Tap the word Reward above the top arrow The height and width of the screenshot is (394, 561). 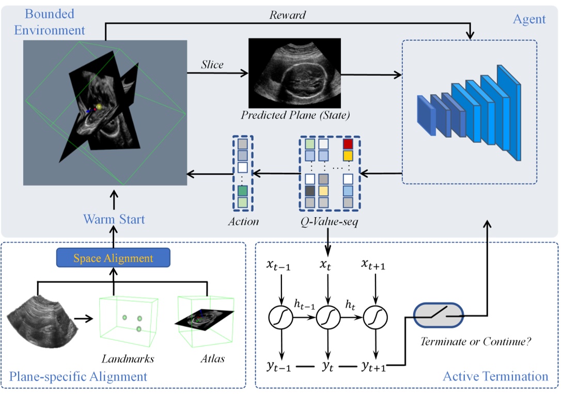click(x=288, y=15)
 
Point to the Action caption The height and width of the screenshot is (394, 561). click(x=243, y=222)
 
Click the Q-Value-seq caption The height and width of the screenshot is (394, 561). click(x=329, y=223)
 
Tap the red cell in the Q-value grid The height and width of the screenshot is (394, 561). click(x=348, y=144)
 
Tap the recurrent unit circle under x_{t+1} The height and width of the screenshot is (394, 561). click(x=373, y=316)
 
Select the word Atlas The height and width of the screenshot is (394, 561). click(x=213, y=358)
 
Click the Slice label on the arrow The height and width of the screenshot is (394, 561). click(x=212, y=65)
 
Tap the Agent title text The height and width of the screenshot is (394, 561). click(x=529, y=20)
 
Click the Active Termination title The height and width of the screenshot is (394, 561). click(x=495, y=376)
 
